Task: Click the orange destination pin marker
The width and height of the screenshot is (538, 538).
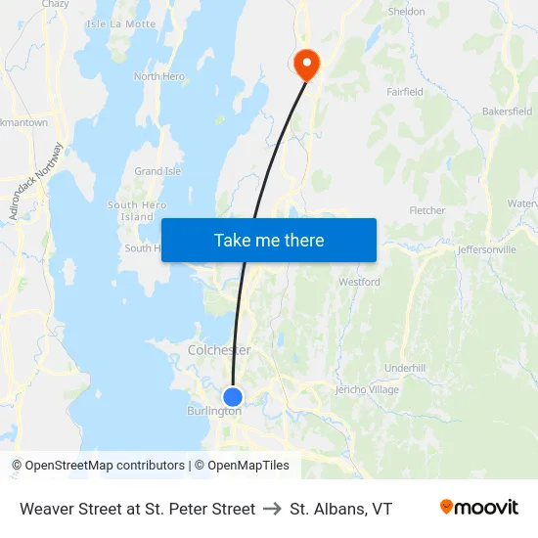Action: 307,64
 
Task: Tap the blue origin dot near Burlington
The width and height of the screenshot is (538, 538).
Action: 233,396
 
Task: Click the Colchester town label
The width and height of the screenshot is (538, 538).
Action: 219,350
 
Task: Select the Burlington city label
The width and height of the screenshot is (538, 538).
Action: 214,411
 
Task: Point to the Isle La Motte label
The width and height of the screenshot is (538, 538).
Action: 121,23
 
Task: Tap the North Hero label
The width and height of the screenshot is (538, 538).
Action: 158,76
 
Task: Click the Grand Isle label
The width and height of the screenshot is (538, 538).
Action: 157,171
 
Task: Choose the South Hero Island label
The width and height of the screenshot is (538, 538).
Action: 136,210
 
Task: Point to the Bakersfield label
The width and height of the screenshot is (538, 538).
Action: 507,112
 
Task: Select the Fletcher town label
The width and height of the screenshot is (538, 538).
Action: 427,210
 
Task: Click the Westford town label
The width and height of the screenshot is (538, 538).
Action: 359,282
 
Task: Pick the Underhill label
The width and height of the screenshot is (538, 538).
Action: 405,368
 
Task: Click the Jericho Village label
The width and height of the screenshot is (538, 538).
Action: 367,389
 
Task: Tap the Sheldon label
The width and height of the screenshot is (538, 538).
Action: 407,12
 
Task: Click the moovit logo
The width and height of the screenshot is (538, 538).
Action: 479,508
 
